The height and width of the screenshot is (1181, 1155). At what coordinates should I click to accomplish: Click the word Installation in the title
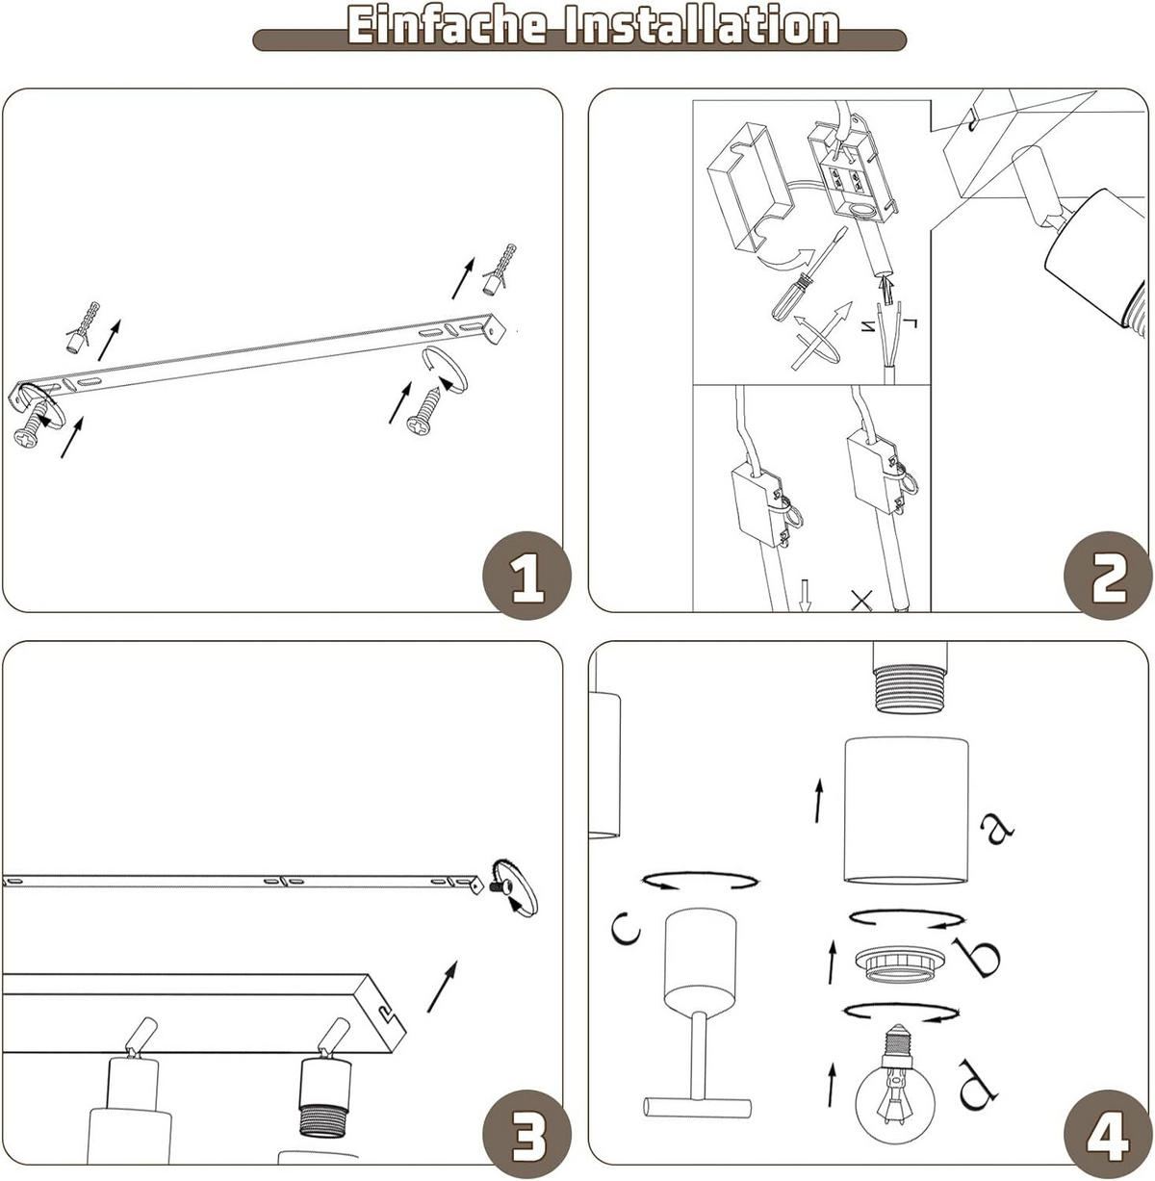(x=703, y=26)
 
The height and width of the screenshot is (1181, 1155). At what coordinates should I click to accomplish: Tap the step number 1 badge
(x=526, y=576)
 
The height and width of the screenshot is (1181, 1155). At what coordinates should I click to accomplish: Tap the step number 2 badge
(x=1108, y=576)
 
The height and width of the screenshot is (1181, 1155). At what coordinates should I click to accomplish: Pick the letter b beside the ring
(x=981, y=957)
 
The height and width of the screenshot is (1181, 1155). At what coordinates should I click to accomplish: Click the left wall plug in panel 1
(x=81, y=325)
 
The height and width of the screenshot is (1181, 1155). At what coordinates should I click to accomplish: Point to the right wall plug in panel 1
(x=500, y=270)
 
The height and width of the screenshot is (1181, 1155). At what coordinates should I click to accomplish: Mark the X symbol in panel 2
(x=861, y=601)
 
